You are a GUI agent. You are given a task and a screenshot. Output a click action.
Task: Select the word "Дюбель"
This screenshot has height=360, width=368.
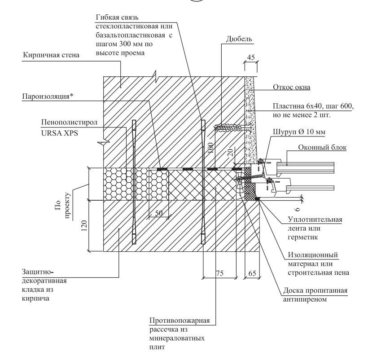239,39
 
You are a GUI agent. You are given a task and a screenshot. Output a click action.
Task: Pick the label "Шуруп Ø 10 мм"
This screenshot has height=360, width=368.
292,132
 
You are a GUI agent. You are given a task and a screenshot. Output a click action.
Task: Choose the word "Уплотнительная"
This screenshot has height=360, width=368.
315,220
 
